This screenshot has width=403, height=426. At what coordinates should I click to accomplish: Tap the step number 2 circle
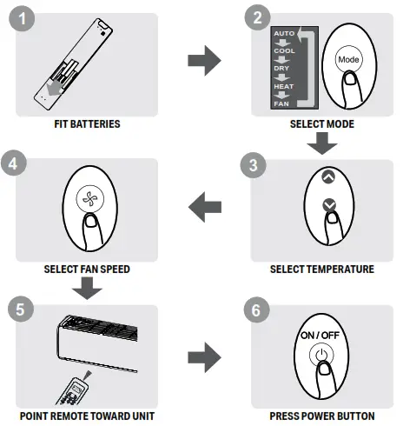click(x=257, y=17)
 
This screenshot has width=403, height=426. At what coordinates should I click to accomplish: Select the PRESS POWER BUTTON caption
click(x=321, y=416)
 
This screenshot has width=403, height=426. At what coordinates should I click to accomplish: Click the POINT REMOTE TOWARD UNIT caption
click(x=87, y=416)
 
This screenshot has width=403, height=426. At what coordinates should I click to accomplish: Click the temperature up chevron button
click(x=327, y=176)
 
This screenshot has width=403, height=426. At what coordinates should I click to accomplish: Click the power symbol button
click(x=321, y=355)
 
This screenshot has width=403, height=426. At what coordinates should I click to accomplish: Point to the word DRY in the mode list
click(x=281, y=68)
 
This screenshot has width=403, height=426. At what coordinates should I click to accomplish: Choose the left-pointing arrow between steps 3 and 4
click(x=204, y=206)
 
